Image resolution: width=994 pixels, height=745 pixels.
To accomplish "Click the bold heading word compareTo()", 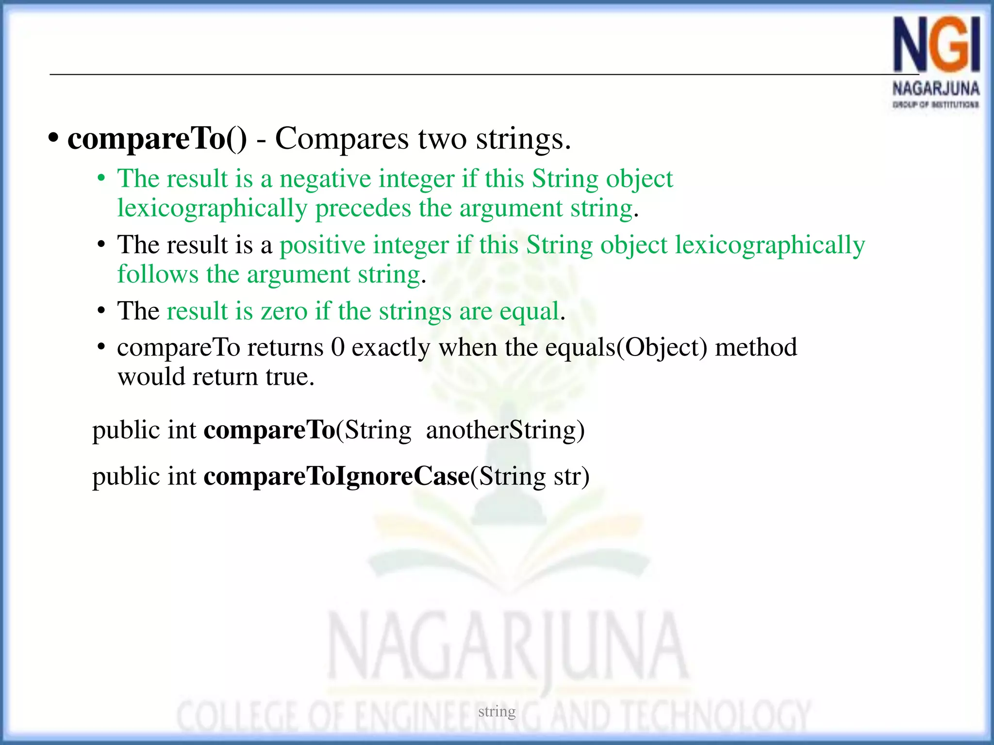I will pyautogui.click(x=157, y=139).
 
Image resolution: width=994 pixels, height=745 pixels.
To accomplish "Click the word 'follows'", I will pyautogui.click(x=158, y=274).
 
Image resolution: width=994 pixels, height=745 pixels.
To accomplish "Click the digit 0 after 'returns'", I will pyautogui.click(x=337, y=347).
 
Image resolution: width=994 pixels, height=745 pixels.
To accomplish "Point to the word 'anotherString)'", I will pyautogui.click(x=505, y=430).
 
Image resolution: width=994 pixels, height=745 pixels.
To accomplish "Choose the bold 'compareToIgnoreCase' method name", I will pyautogui.click(x=336, y=476).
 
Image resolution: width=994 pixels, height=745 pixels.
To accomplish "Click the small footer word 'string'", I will pyautogui.click(x=497, y=712).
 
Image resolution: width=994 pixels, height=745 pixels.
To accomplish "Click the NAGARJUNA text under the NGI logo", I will pyautogui.click(x=936, y=89).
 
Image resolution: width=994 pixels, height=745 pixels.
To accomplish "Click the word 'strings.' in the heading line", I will pyautogui.click(x=523, y=139).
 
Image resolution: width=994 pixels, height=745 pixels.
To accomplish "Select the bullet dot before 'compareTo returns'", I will pyautogui.click(x=101, y=347).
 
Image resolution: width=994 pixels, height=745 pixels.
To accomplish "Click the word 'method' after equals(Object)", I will pyautogui.click(x=756, y=347).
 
